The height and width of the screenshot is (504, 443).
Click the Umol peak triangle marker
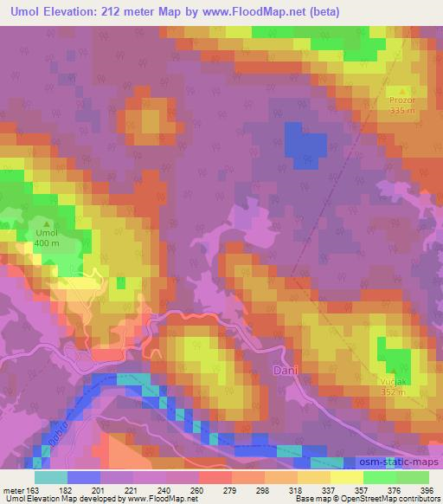click(46, 223)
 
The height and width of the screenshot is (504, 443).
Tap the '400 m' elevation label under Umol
click(46, 243)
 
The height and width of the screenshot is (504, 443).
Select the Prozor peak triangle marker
click(402, 90)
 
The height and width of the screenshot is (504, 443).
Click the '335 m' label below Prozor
click(402, 111)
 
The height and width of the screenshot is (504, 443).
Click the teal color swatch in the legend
click(51, 476)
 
